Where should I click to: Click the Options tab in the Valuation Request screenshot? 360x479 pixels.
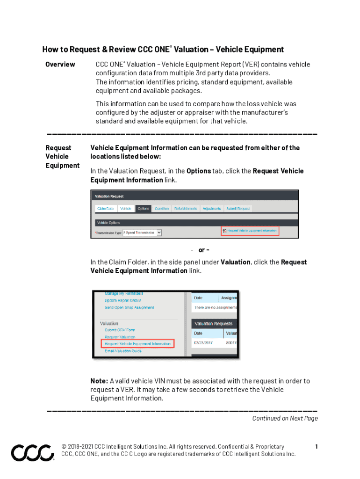(143, 209)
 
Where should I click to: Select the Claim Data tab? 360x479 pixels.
(105, 209)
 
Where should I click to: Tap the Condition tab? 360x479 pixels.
(162, 209)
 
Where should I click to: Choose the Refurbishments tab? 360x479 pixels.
(186, 209)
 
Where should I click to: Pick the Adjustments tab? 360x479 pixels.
(212, 209)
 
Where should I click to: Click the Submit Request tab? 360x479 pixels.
(238, 209)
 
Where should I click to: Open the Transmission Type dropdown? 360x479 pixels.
(142, 232)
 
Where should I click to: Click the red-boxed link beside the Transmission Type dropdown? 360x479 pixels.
(250, 231)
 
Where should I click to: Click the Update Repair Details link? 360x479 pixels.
(123, 300)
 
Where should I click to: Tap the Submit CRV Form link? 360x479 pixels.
(120, 330)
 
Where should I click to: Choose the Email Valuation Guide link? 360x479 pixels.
(123, 351)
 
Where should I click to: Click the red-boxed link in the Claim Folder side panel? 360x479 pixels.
(138, 344)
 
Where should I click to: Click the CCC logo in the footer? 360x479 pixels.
(32, 453)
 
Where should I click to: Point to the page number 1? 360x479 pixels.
(317, 447)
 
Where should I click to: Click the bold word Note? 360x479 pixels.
(99, 381)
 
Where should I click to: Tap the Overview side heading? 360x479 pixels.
(60, 65)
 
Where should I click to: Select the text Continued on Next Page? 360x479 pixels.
(285, 418)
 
